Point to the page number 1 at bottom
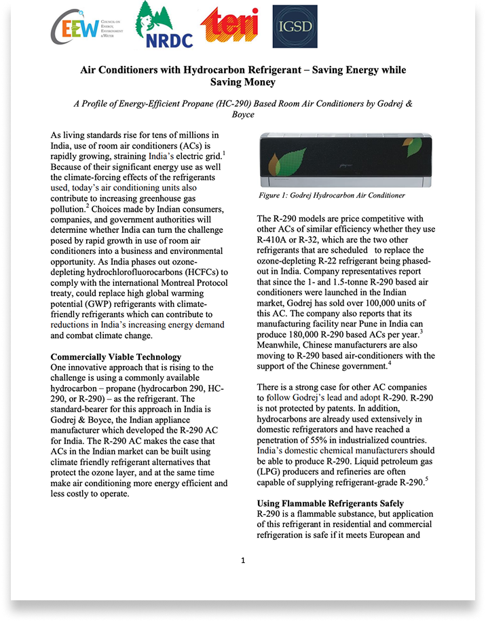pos(242,560)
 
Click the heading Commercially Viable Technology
pos(116,356)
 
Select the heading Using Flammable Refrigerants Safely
pos(331,503)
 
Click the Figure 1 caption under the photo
pos(332,196)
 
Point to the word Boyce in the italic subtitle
pos(242,115)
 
